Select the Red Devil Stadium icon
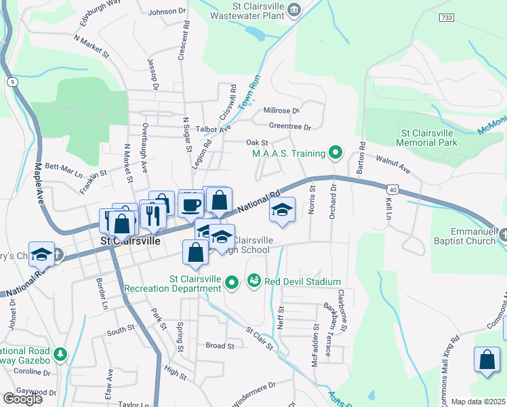click(x=254, y=280)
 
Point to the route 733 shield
click(x=445, y=17)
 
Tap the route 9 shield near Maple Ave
click(x=12, y=82)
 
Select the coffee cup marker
click(x=191, y=203)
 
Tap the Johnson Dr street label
click(x=167, y=12)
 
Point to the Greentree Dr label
click(x=289, y=127)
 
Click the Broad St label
click(x=220, y=345)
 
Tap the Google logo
click(x=22, y=399)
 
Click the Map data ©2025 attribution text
click(x=478, y=402)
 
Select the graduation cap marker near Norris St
click(x=282, y=210)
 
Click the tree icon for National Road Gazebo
click(x=60, y=354)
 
